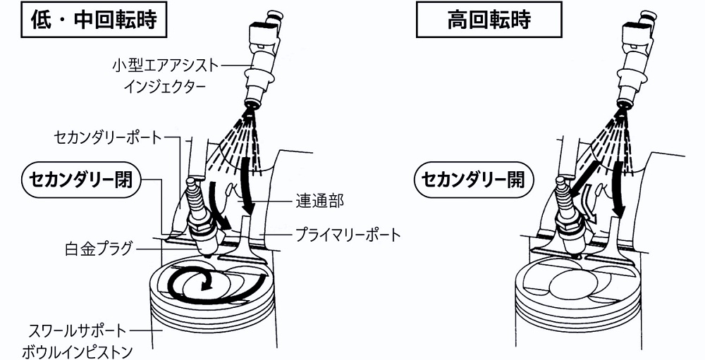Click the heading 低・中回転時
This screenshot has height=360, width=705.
(94, 20)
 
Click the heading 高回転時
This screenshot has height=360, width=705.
(489, 19)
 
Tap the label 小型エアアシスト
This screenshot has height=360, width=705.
(166, 66)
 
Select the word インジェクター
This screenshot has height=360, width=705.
(165, 85)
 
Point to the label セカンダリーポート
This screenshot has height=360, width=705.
(107, 137)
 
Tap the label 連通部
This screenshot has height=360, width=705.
(319, 201)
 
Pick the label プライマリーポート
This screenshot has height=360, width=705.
(348, 234)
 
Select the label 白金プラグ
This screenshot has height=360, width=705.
(99, 249)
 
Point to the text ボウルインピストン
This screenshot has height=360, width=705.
(77, 351)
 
